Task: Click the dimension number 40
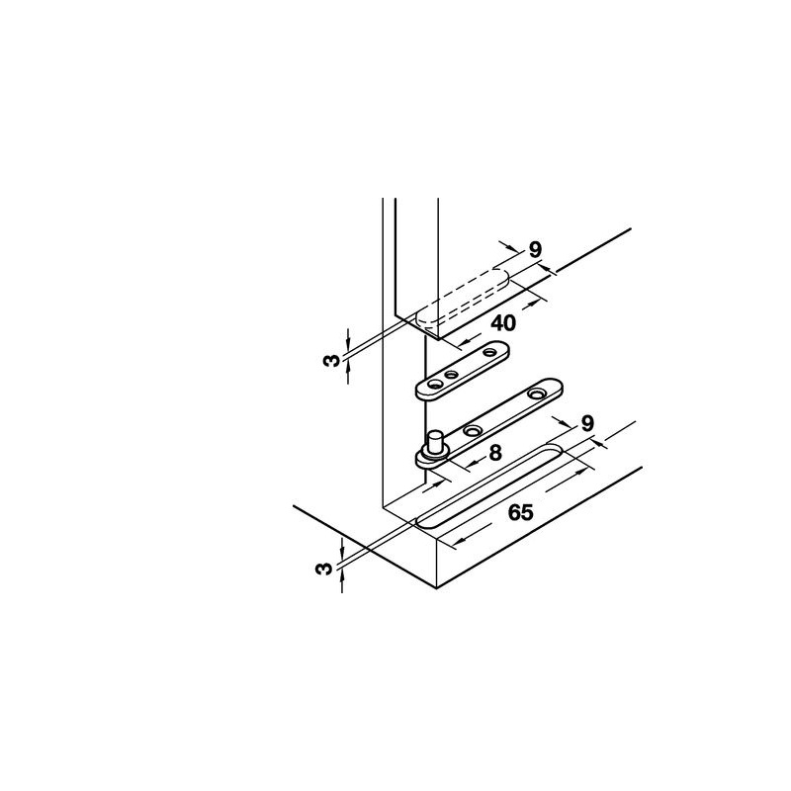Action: point(503,323)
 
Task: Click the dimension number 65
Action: point(520,512)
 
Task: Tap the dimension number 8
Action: point(496,453)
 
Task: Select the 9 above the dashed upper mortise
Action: point(535,250)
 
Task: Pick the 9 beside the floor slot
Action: point(586,423)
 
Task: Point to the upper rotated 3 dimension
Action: point(331,361)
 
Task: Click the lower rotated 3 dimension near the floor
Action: point(324,569)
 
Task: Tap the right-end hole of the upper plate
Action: point(489,352)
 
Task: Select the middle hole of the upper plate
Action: point(452,375)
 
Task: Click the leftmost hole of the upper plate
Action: point(433,385)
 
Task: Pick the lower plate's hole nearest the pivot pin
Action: point(473,430)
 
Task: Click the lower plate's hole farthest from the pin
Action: point(536,394)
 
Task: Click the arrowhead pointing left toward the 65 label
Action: point(456,543)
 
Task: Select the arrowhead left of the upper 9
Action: point(513,248)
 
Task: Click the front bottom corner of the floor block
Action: point(436,588)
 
